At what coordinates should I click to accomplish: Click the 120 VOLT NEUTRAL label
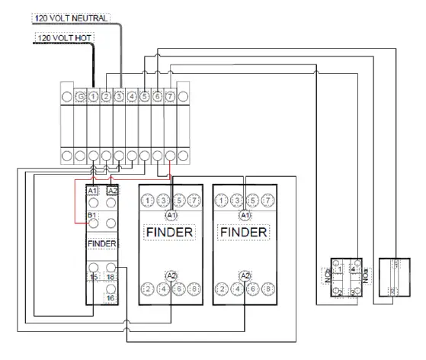pos(72,18)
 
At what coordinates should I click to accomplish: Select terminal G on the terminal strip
pos(80,97)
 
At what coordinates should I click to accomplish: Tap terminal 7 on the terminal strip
pos(170,97)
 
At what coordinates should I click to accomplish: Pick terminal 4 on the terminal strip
pos(132,97)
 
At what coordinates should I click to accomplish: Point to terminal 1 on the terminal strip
pos(93,97)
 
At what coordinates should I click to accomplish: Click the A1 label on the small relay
pos(93,191)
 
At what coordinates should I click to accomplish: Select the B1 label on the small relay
pos(93,217)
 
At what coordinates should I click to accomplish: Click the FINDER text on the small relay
pos(102,243)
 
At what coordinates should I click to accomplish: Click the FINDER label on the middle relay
pos(169,232)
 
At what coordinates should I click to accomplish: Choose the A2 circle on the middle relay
pos(171,275)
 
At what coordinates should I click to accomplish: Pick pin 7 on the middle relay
pos(194,201)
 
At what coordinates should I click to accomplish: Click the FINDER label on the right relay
pos(244,232)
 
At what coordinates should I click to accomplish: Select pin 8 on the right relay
pos(268,288)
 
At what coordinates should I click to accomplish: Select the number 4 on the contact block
pos(353,268)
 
